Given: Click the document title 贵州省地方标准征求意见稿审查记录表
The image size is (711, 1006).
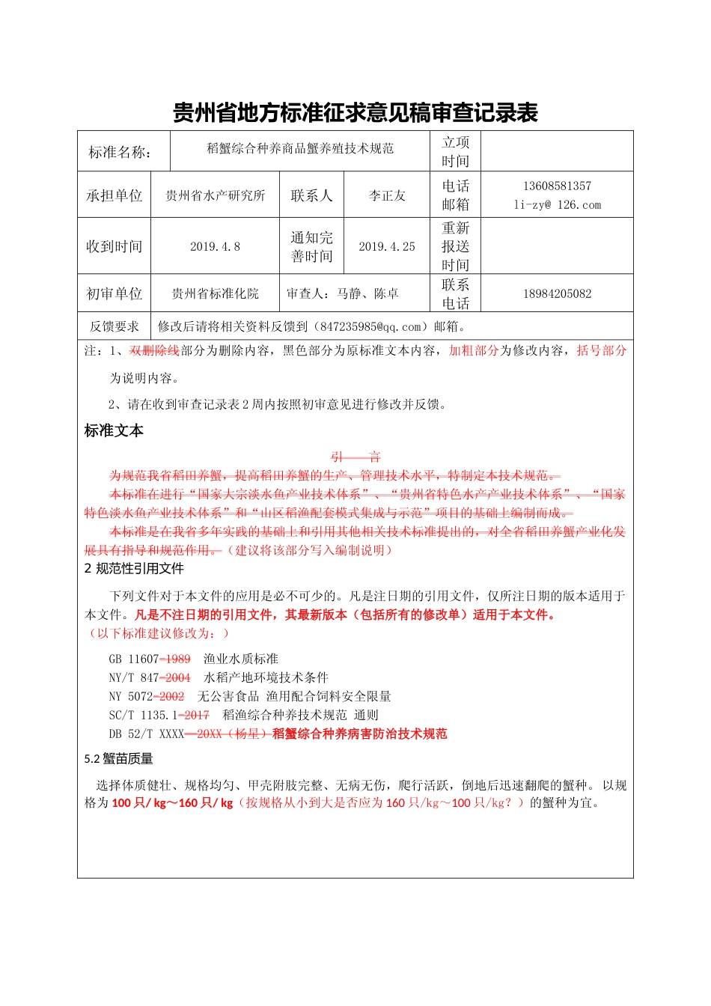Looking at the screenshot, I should pyautogui.click(x=355, y=113).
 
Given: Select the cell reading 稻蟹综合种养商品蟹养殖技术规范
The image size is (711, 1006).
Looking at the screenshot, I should pyautogui.click(x=300, y=149).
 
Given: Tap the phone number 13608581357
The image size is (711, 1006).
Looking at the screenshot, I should pyautogui.click(x=557, y=186).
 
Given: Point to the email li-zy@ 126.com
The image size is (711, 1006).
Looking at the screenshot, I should pyautogui.click(x=557, y=205).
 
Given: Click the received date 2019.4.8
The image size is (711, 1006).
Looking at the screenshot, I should pyautogui.click(x=215, y=247).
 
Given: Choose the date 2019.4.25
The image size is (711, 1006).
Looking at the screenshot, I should pyautogui.click(x=386, y=247).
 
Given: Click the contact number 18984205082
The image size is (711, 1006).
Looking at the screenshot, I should pyautogui.click(x=557, y=294).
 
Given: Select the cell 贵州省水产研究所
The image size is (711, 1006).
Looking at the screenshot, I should pyautogui.click(x=215, y=196).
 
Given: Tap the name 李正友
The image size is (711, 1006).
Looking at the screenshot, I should pyautogui.click(x=386, y=196).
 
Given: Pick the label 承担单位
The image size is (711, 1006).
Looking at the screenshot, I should pyautogui.click(x=114, y=196).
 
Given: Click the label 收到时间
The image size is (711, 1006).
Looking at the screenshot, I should pyautogui.click(x=114, y=247).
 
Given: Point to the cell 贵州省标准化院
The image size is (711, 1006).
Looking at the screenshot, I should pyautogui.click(x=215, y=294).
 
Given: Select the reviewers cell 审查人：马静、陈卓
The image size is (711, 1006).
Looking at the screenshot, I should pyautogui.click(x=342, y=294).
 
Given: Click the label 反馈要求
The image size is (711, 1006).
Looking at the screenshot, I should pyautogui.click(x=114, y=327).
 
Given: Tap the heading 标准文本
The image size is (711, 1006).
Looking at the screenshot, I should pyautogui.click(x=114, y=431).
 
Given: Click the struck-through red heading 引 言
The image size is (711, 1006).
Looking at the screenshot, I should pyautogui.click(x=355, y=457).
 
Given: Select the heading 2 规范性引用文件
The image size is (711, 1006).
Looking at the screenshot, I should pyautogui.click(x=134, y=569).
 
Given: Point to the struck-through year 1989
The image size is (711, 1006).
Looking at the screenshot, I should pyautogui.click(x=177, y=659).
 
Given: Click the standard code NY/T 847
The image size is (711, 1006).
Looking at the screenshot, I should pyautogui.click(x=134, y=678).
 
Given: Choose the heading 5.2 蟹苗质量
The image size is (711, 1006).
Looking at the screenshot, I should pyautogui.click(x=118, y=759).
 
